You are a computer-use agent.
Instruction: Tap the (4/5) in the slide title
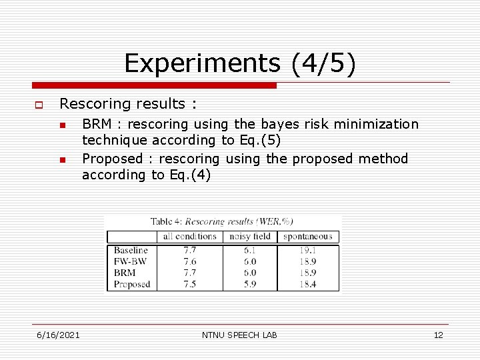tap(323, 64)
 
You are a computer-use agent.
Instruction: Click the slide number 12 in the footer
tap(438, 335)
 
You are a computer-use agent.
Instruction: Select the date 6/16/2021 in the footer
tap(58, 335)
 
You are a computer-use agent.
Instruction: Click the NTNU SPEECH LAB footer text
tap(239, 335)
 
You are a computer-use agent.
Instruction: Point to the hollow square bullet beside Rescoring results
tap(39, 105)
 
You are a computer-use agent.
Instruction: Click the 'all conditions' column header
tap(190, 236)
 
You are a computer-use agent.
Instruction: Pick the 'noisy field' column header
tap(250, 236)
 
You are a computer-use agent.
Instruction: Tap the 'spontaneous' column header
tap(307, 236)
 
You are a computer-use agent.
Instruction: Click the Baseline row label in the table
tap(131, 251)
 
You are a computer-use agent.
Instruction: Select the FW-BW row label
tap(130, 261)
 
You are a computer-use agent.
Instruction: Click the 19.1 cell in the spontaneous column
tap(307, 251)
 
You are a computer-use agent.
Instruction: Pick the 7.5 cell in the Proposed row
tap(190, 284)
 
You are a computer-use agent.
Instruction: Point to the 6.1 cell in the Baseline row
tap(250, 251)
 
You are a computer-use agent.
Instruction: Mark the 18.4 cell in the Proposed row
tap(307, 284)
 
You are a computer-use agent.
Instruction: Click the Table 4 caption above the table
tap(221, 221)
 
